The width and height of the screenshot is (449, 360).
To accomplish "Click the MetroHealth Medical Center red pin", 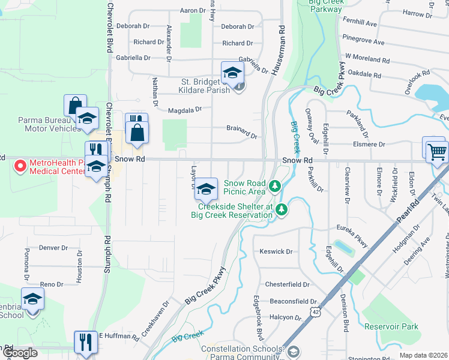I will click(19, 165).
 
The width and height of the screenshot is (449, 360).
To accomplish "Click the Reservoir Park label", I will click(391, 326).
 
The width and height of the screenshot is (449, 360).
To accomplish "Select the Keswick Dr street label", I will click(276, 252).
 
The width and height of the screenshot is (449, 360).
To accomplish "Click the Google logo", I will click(20, 353).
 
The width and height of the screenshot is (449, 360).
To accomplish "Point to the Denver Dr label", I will click(53, 247).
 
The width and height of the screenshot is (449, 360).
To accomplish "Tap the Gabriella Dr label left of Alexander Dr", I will click(133, 58).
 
